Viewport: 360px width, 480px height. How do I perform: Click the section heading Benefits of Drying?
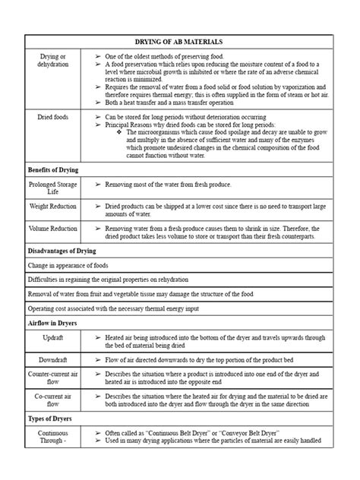point(54,169)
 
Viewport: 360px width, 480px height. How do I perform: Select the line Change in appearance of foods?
point(68,265)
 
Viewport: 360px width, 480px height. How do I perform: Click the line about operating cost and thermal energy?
point(114,308)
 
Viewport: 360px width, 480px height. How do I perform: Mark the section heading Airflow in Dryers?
point(54,323)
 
